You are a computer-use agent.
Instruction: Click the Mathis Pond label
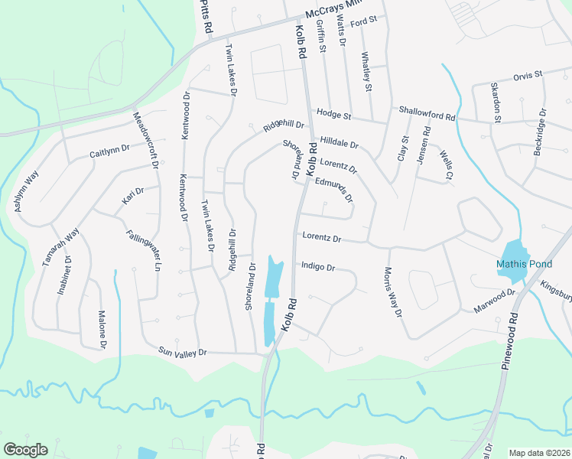(523, 264)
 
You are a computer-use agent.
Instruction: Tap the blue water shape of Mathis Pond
(513, 252)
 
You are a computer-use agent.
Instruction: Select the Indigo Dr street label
(318, 267)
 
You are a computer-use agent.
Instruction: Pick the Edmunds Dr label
(335, 188)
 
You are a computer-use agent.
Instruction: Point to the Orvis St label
(527, 76)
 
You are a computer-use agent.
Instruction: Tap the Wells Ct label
(447, 165)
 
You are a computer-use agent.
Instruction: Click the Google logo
(25, 450)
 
